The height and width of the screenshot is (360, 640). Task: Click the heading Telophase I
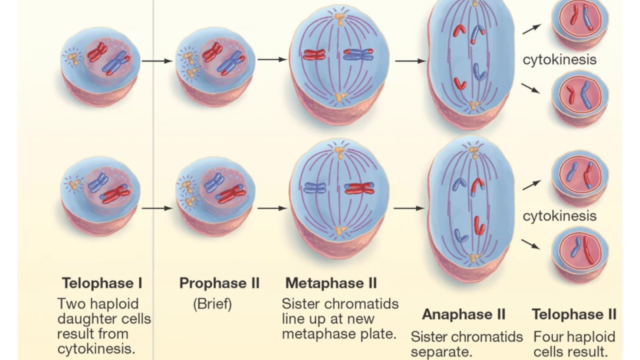point(102,283)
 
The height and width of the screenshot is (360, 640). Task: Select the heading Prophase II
point(219,283)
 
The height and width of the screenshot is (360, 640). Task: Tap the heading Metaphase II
point(331,283)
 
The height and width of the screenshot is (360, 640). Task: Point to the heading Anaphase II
point(464,314)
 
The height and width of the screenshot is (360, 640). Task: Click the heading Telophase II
point(574,314)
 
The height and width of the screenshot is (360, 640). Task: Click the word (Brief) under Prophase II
point(212,304)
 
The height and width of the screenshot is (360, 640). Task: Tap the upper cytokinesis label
point(559,59)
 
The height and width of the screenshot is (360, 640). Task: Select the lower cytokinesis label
point(559,215)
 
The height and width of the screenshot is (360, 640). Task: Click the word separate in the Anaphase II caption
point(441,351)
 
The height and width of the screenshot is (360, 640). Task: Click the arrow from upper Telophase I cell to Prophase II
point(156,61)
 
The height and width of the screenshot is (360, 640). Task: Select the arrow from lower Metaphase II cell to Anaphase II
point(409,208)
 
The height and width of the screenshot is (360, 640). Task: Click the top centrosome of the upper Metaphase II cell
point(339,19)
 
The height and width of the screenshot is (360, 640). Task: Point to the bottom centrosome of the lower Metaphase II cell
point(340,230)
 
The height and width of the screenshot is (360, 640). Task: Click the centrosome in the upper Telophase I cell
point(72,58)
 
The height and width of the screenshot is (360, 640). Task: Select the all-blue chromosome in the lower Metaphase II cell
point(314,188)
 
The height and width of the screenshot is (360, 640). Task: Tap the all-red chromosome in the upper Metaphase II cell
point(314,54)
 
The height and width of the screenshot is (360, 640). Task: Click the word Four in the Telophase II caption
point(548,336)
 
